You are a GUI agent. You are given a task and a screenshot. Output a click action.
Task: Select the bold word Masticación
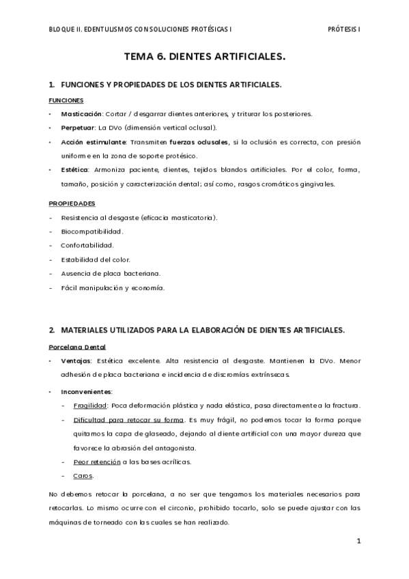[81, 114]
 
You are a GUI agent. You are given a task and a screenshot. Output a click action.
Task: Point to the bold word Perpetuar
[78, 128]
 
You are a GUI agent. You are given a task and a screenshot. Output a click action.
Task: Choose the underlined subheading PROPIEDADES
[72, 203]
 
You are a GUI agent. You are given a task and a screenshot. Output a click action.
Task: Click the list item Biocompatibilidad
[92, 231]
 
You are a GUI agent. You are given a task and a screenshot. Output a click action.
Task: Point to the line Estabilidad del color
[96, 259]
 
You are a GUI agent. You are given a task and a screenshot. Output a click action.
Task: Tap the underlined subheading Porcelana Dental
[77, 347]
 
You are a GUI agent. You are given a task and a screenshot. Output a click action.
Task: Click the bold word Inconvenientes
[86, 391]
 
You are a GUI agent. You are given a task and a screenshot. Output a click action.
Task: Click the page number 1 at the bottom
[358, 541]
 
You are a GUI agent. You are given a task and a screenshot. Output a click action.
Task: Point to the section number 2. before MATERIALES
[52, 330]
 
